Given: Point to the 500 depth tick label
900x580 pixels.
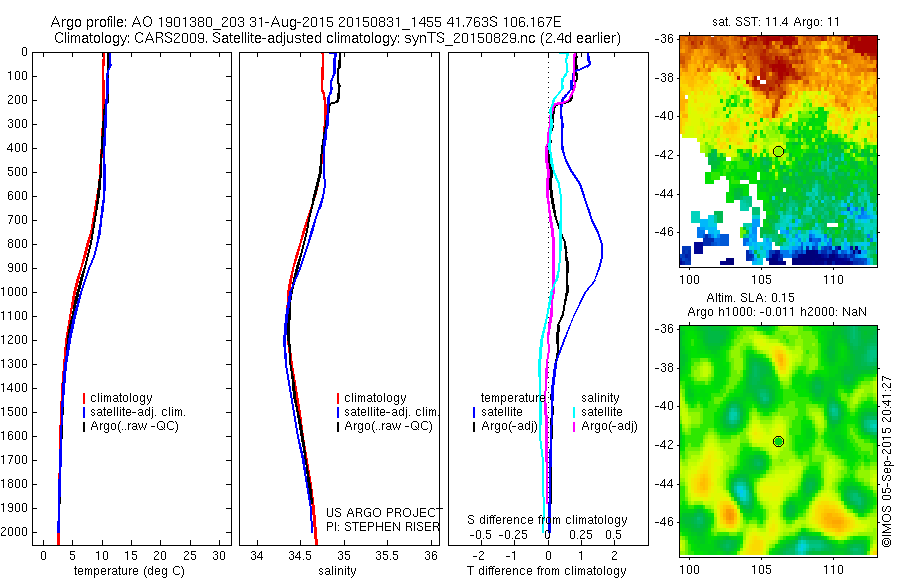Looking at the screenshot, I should point(18,172).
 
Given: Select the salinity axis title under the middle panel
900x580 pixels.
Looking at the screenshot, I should point(336,571).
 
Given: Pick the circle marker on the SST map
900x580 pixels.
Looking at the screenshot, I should point(778,151).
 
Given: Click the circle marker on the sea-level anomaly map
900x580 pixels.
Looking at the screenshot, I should point(778,441).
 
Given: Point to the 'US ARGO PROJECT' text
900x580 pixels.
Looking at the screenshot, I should point(384,513).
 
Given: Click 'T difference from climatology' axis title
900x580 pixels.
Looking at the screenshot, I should point(546,571).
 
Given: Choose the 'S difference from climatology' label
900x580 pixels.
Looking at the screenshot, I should point(547,520).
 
